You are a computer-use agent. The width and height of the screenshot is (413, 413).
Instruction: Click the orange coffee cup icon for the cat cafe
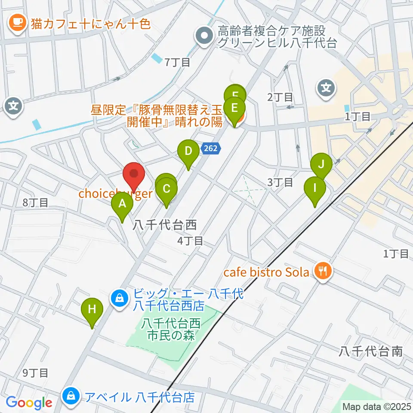click(18, 23)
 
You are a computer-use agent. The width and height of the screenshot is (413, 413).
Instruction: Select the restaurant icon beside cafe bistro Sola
click(322, 271)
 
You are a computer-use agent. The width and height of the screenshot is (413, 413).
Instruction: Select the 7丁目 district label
click(177, 62)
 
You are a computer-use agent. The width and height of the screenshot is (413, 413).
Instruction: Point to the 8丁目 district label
click(35, 202)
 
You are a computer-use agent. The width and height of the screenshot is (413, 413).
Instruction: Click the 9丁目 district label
click(35, 373)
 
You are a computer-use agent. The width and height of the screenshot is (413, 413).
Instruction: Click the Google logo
click(29, 403)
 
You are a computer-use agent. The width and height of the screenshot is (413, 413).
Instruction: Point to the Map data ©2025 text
click(376, 406)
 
